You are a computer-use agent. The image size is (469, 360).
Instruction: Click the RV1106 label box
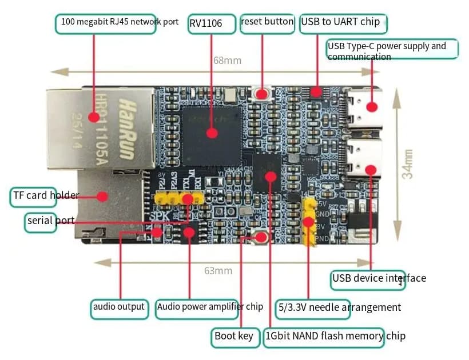[x=212, y=24]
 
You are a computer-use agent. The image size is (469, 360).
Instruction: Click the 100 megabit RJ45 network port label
[x=120, y=23]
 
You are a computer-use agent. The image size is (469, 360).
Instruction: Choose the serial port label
[x=41, y=221]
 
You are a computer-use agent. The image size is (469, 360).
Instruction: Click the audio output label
[x=119, y=307]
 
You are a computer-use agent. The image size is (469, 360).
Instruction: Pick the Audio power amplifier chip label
[x=210, y=307]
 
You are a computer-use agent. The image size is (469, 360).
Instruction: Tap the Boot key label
[x=233, y=336]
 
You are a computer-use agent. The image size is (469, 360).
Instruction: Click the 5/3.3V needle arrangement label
[x=339, y=307]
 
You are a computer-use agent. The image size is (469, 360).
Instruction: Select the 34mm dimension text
[x=407, y=164]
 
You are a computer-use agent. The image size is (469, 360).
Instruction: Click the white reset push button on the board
[x=264, y=93]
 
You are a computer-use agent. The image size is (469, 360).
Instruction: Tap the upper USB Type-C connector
[x=364, y=107]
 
